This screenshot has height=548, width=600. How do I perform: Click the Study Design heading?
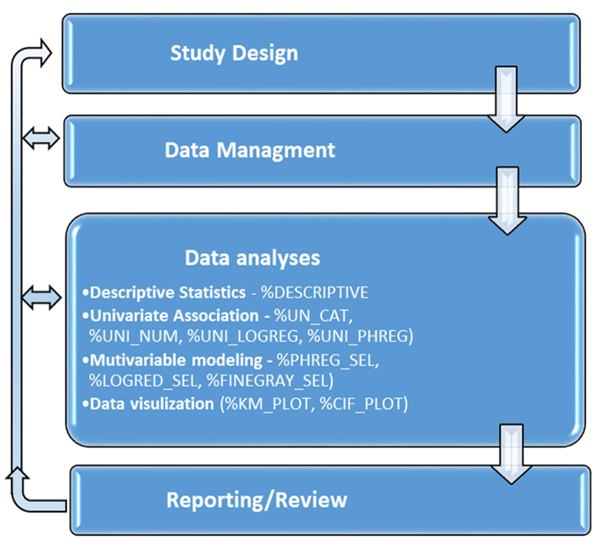(x=234, y=53)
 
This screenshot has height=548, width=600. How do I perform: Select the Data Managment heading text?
(x=250, y=150)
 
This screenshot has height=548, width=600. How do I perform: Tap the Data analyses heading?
(x=253, y=258)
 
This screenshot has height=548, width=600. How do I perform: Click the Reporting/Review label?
(x=257, y=500)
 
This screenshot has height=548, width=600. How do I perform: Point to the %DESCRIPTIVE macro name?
(x=314, y=293)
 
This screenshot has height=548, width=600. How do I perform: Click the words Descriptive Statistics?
(x=167, y=293)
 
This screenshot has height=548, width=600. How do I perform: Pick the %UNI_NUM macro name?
(x=134, y=336)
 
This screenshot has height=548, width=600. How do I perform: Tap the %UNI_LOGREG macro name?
(x=242, y=336)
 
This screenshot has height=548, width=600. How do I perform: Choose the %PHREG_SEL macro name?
(x=326, y=360)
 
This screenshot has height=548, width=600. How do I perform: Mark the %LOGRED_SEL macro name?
(x=143, y=381)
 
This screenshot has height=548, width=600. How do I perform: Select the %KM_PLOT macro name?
(x=268, y=404)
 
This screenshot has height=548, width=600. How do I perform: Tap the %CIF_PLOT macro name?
(x=361, y=404)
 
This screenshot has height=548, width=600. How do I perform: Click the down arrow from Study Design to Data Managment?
(x=506, y=100)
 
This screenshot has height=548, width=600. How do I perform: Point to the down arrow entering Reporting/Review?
(x=511, y=454)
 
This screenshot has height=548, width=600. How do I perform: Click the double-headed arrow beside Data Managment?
(x=41, y=138)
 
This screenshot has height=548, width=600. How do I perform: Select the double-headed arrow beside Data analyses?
(x=41, y=297)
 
